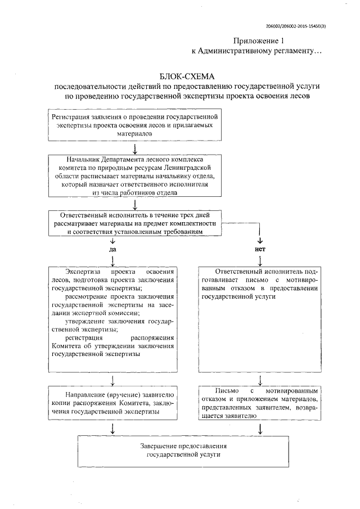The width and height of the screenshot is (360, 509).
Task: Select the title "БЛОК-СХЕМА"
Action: coord(186,76)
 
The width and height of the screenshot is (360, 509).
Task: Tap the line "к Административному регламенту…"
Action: coord(256,51)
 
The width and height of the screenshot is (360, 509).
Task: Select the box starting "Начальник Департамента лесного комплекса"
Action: coord(134,176)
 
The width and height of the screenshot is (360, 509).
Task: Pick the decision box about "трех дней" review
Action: coord(134,223)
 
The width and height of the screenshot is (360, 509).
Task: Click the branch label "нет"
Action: coord(260,248)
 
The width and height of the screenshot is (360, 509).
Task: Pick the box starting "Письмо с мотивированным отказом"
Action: coord(260,403)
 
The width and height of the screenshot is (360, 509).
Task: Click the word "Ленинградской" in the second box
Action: coord(189,168)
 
